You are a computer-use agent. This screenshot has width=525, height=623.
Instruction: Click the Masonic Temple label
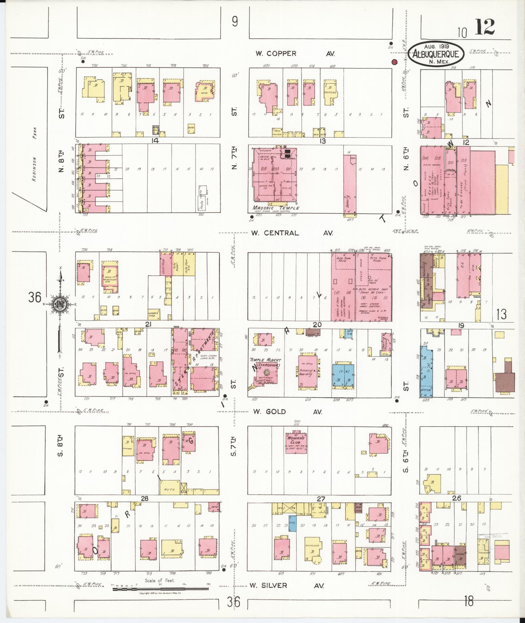276,208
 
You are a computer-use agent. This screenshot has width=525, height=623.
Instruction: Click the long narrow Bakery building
350,184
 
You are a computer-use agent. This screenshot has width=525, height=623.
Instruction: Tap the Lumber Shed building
153,314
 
